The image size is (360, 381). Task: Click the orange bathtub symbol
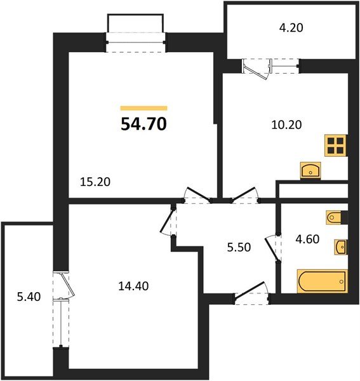(322, 280)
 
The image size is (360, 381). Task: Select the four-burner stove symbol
(335, 145)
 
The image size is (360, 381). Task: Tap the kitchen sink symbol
(311, 170)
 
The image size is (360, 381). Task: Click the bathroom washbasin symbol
(341, 246)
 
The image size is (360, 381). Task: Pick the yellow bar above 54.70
(143, 109)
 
